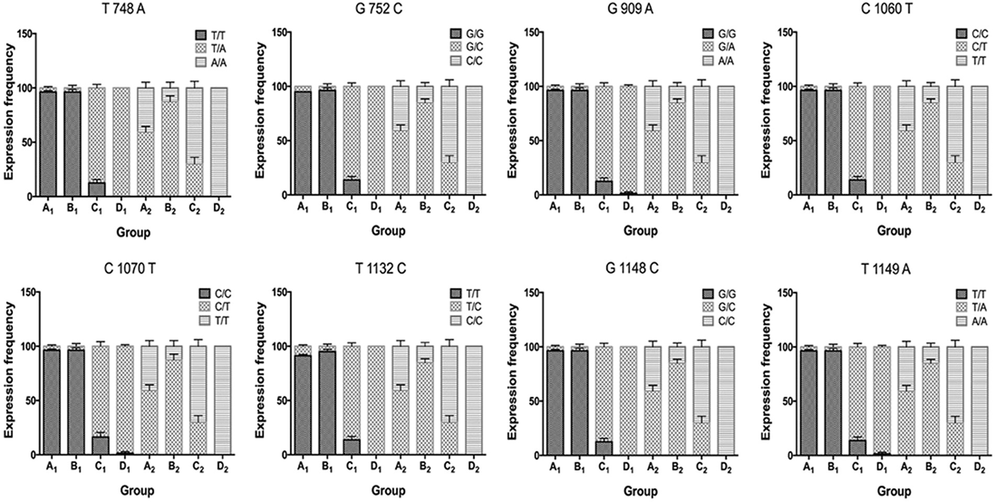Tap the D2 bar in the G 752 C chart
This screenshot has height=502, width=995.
473,140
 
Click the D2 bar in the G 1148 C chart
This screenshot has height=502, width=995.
726,400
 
